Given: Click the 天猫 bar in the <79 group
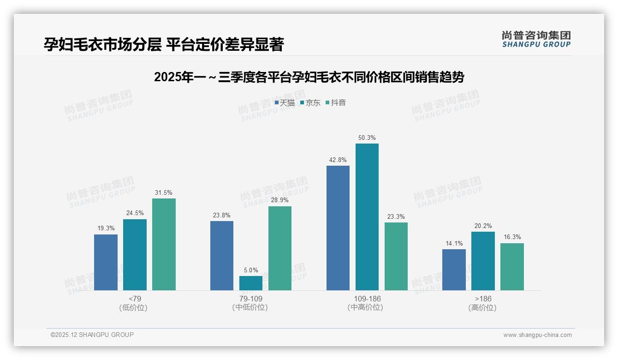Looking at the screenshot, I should click(106, 262).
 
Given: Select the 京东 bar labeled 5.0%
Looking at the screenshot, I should click(251, 283).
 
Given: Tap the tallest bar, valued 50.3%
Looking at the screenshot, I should click(367, 217).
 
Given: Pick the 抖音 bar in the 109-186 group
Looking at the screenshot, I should click(396, 256).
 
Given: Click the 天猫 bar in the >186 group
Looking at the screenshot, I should click(454, 270).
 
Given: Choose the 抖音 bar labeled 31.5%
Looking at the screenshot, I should click(164, 244).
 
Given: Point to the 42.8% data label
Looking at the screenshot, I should click(338, 160).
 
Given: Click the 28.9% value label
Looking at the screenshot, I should click(280, 200).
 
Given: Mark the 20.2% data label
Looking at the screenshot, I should click(483, 226).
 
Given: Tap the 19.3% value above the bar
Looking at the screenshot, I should click(106, 228).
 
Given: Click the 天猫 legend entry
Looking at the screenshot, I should click(285, 102).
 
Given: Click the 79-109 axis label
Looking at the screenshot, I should click(250, 299).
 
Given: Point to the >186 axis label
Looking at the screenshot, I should click(482, 299).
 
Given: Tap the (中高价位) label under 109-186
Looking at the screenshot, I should click(367, 307).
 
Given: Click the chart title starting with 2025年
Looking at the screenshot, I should click(309, 77).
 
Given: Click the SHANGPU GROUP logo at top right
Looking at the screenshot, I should click(536, 39).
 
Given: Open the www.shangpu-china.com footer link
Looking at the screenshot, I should click(537, 335).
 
